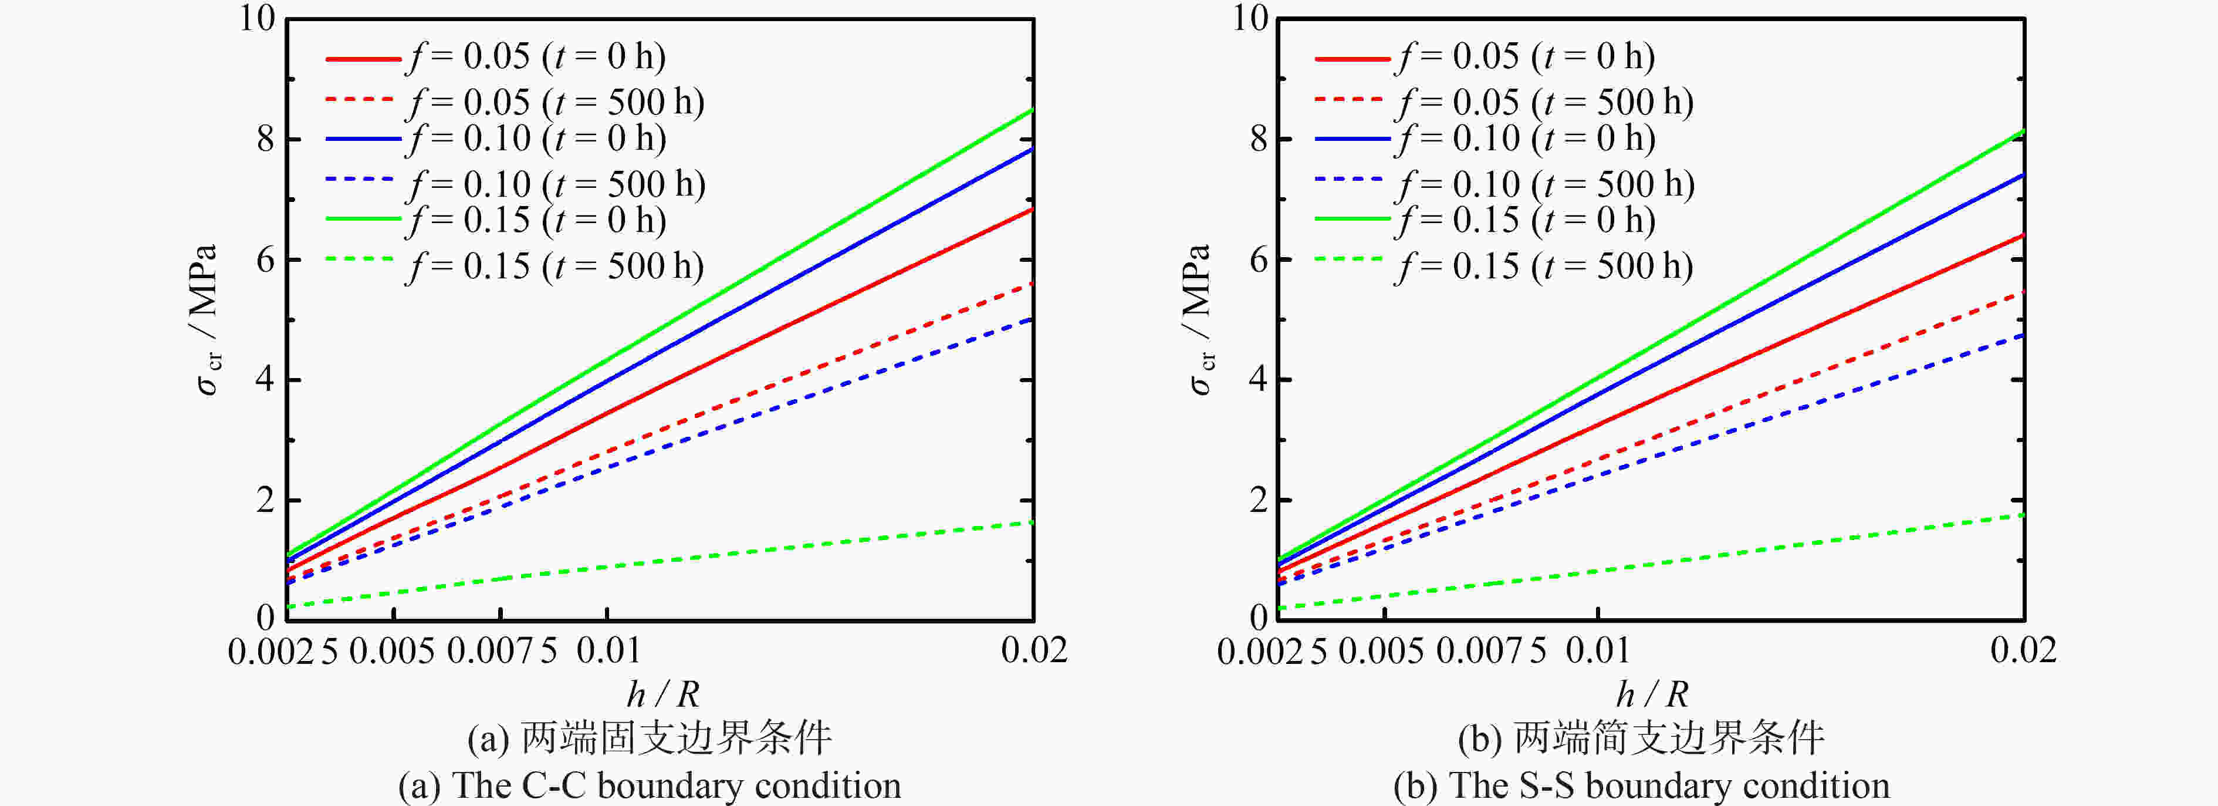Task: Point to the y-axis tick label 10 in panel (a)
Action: (x=256, y=18)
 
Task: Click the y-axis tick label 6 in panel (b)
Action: (x=1258, y=260)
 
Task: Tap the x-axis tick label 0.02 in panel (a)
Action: (x=1034, y=649)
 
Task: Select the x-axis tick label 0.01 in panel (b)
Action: (x=1598, y=649)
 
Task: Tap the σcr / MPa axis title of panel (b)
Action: (x=1199, y=319)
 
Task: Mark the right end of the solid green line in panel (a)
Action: (x=1032, y=110)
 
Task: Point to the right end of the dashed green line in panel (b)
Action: (x=2021, y=515)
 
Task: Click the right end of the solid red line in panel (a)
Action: (x=1032, y=209)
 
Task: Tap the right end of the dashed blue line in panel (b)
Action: (x=2021, y=335)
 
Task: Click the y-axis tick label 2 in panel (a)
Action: (x=265, y=500)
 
